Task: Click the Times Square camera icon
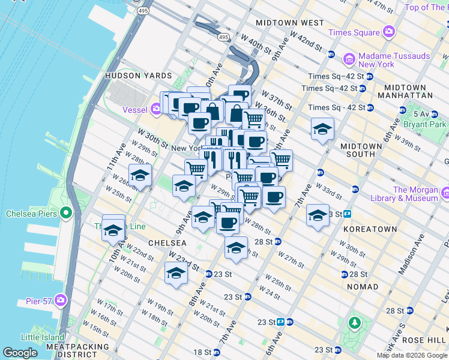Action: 389,31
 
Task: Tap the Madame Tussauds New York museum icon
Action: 349,59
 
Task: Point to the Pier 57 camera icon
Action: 60,299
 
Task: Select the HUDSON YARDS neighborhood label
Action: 138,76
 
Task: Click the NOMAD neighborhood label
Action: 363,287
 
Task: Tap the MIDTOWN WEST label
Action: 290,23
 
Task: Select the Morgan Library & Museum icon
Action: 445,193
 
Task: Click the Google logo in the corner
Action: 20,353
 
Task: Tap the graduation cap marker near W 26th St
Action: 140,176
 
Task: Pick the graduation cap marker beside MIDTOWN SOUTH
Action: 322,129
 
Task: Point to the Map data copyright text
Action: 412,355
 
